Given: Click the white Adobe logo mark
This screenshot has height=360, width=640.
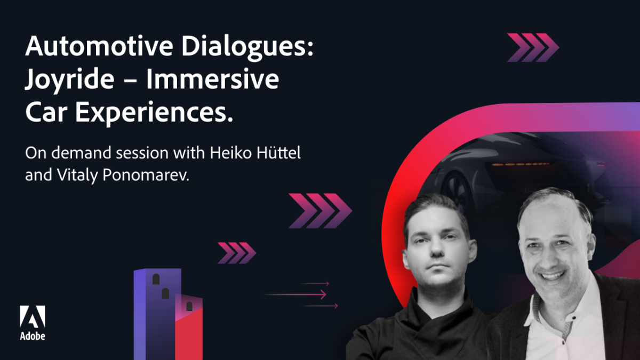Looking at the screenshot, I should [x=33, y=316].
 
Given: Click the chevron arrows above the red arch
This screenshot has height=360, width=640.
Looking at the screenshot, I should [x=533, y=47].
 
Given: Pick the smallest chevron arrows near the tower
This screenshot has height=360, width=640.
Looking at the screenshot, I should [x=236, y=252].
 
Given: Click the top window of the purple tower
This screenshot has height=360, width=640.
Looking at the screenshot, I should [x=156, y=279].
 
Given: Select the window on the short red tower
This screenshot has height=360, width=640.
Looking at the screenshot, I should [x=189, y=306].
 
